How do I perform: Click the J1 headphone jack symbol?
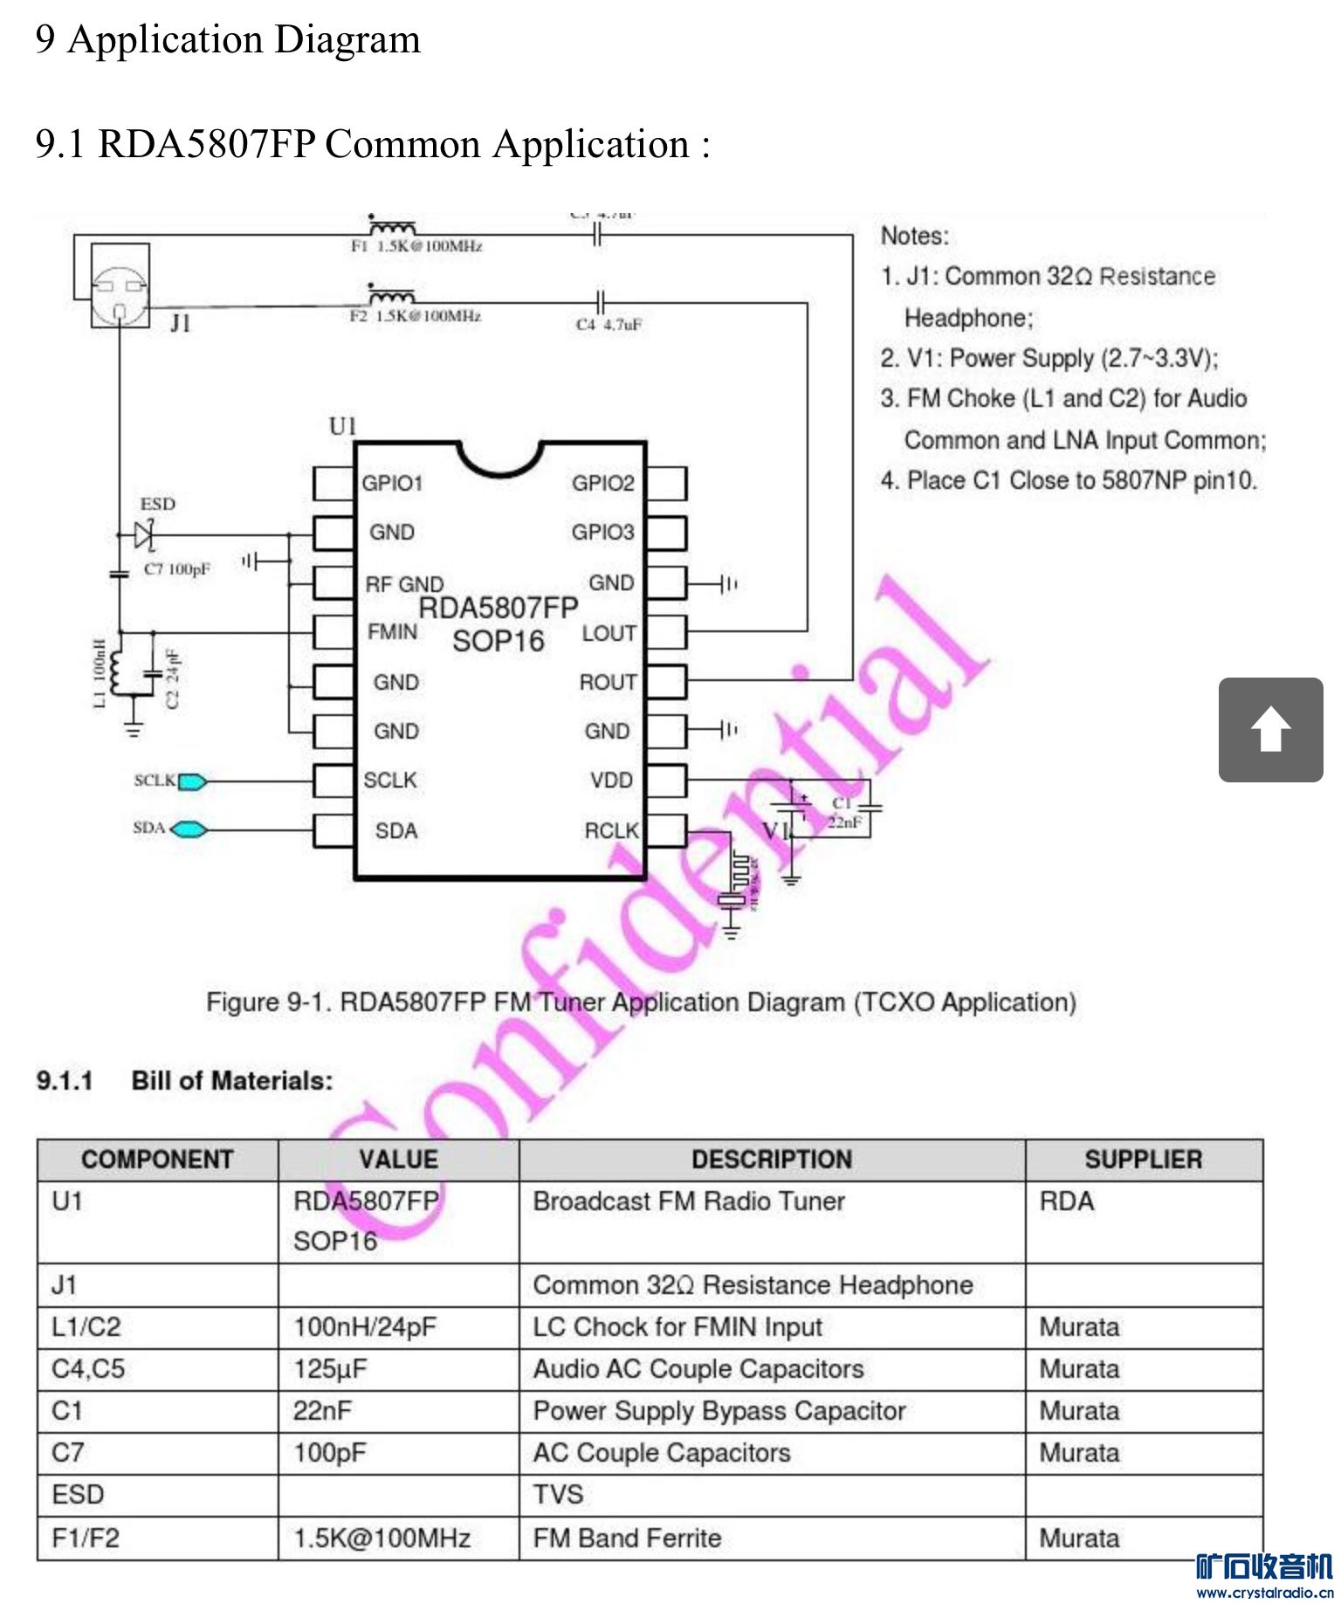click(x=120, y=286)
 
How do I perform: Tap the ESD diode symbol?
click(x=145, y=534)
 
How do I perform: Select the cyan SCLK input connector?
click(x=192, y=781)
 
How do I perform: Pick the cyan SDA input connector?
click(x=189, y=829)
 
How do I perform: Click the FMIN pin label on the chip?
click(x=392, y=631)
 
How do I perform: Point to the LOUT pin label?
click(x=609, y=633)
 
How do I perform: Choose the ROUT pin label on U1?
click(x=608, y=682)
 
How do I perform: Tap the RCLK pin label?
click(x=611, y=830)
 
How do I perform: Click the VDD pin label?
click(x=611, y=780)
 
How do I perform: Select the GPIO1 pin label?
click(x=392, y=483)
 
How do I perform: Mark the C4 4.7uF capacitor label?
click(x=609, y=325)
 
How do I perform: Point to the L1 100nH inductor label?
click(x=100, y=673)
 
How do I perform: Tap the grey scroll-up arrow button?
click(x=1270, y=730)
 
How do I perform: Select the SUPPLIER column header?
click(x=1143, y=1160)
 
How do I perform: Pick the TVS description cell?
click(x=558, y=1494)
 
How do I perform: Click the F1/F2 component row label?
click(x=85, y=1537)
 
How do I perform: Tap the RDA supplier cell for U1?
click(x=1066, y=1201)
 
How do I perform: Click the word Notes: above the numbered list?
click(x=914, y=236)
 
